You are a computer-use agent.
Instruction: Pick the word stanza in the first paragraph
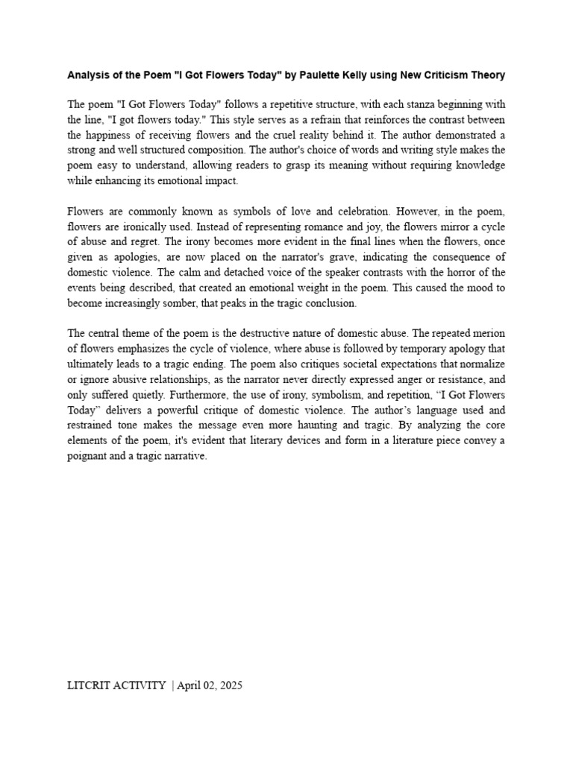point(396,104)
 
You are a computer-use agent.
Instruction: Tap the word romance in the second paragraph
point(308,226)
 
